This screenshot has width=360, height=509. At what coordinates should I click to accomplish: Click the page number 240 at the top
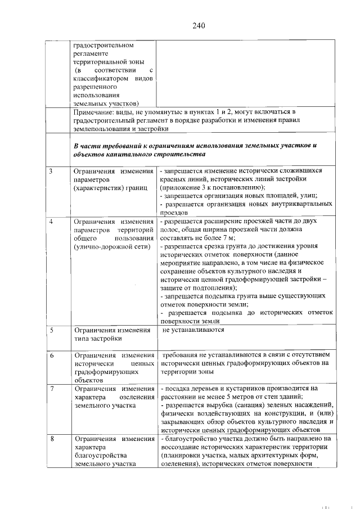pyautogui.click(x=198, y=26)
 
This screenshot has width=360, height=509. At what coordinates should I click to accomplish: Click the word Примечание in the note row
pyautogui.click(x=95, y=113)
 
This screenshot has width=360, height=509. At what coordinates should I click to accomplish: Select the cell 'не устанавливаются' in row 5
pyautogui.click(x=193, y=330)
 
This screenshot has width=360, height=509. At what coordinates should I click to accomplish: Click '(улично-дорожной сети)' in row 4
pyautogui.click(x=112, y=246)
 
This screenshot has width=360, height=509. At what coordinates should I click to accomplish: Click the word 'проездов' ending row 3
pyautogui.click(x=174, y=213)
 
